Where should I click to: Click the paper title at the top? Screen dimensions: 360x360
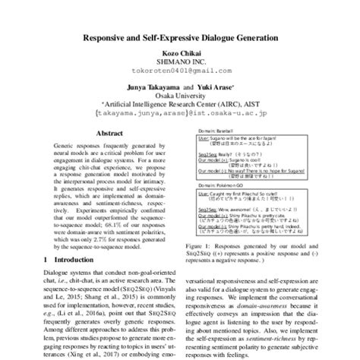click(x=180, y=36)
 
